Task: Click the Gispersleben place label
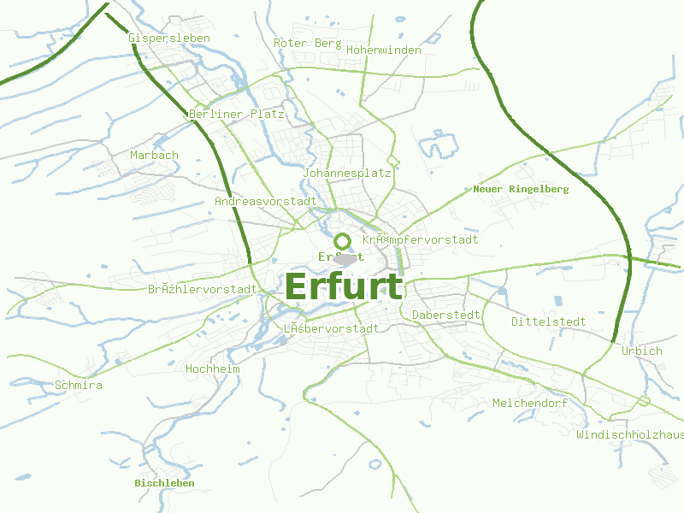pos(169,38)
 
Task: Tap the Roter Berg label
pos(308,43)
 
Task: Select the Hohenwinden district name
pos(384,50)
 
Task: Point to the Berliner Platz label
pos(225,114)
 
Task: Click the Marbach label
pos(155,155)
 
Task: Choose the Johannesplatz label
pos(347,173)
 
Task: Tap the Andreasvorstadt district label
pos(266,201)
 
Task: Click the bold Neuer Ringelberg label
pos(521,188)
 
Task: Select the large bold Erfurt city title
pos(344,286)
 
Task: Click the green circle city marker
pos(343,240)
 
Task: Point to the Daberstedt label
pos(446,315)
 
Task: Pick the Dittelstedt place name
pos(549,321)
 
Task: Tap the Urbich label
pos(642,351)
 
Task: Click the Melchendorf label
pos(530,402)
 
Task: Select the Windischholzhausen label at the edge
pos(630,434)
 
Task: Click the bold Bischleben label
pos(164,483)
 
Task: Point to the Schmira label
pos(79,385)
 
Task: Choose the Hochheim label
pos(213,369)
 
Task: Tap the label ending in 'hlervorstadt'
pos(203,289)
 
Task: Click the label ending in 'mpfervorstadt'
pos(421,239)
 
